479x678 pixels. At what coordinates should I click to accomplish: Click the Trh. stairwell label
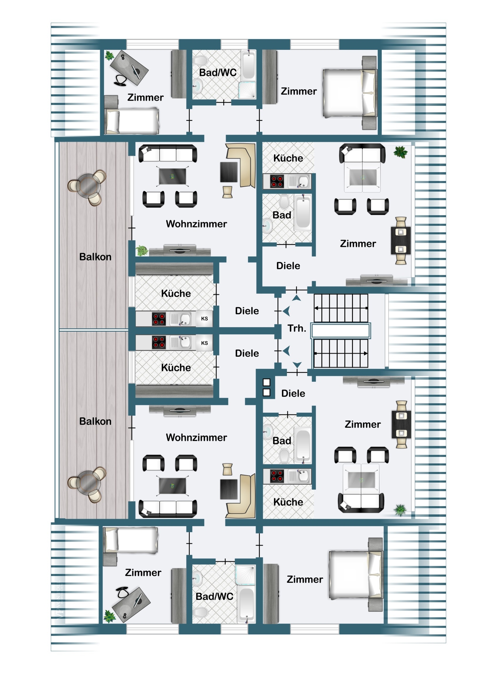(297, 328)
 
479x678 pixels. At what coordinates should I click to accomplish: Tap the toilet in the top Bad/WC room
(200, 61)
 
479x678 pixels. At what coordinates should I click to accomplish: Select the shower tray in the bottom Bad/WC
(245, 575)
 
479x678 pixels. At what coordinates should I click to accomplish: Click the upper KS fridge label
(204, 319)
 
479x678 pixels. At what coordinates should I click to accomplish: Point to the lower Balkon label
(95, 421)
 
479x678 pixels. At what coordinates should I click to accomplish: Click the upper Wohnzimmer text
(196, 224)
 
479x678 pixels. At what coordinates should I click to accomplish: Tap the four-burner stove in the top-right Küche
(277, 181)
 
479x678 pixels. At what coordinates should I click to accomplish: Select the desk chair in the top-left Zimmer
(120, 80)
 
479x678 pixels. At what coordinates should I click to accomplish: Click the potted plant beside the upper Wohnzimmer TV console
(142, 251)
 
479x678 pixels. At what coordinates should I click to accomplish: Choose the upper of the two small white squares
(267, 382)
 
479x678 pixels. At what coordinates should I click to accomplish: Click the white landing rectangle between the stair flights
(341, 331)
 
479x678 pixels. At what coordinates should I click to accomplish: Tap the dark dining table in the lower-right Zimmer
(401, 424)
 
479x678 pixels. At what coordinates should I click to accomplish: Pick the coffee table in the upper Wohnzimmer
(173, 177)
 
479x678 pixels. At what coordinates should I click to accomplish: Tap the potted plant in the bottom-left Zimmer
(109, 617)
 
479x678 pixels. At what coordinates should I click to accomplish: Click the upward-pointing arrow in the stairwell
(297, 298)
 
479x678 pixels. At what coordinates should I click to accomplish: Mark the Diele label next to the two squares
(293, 393)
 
